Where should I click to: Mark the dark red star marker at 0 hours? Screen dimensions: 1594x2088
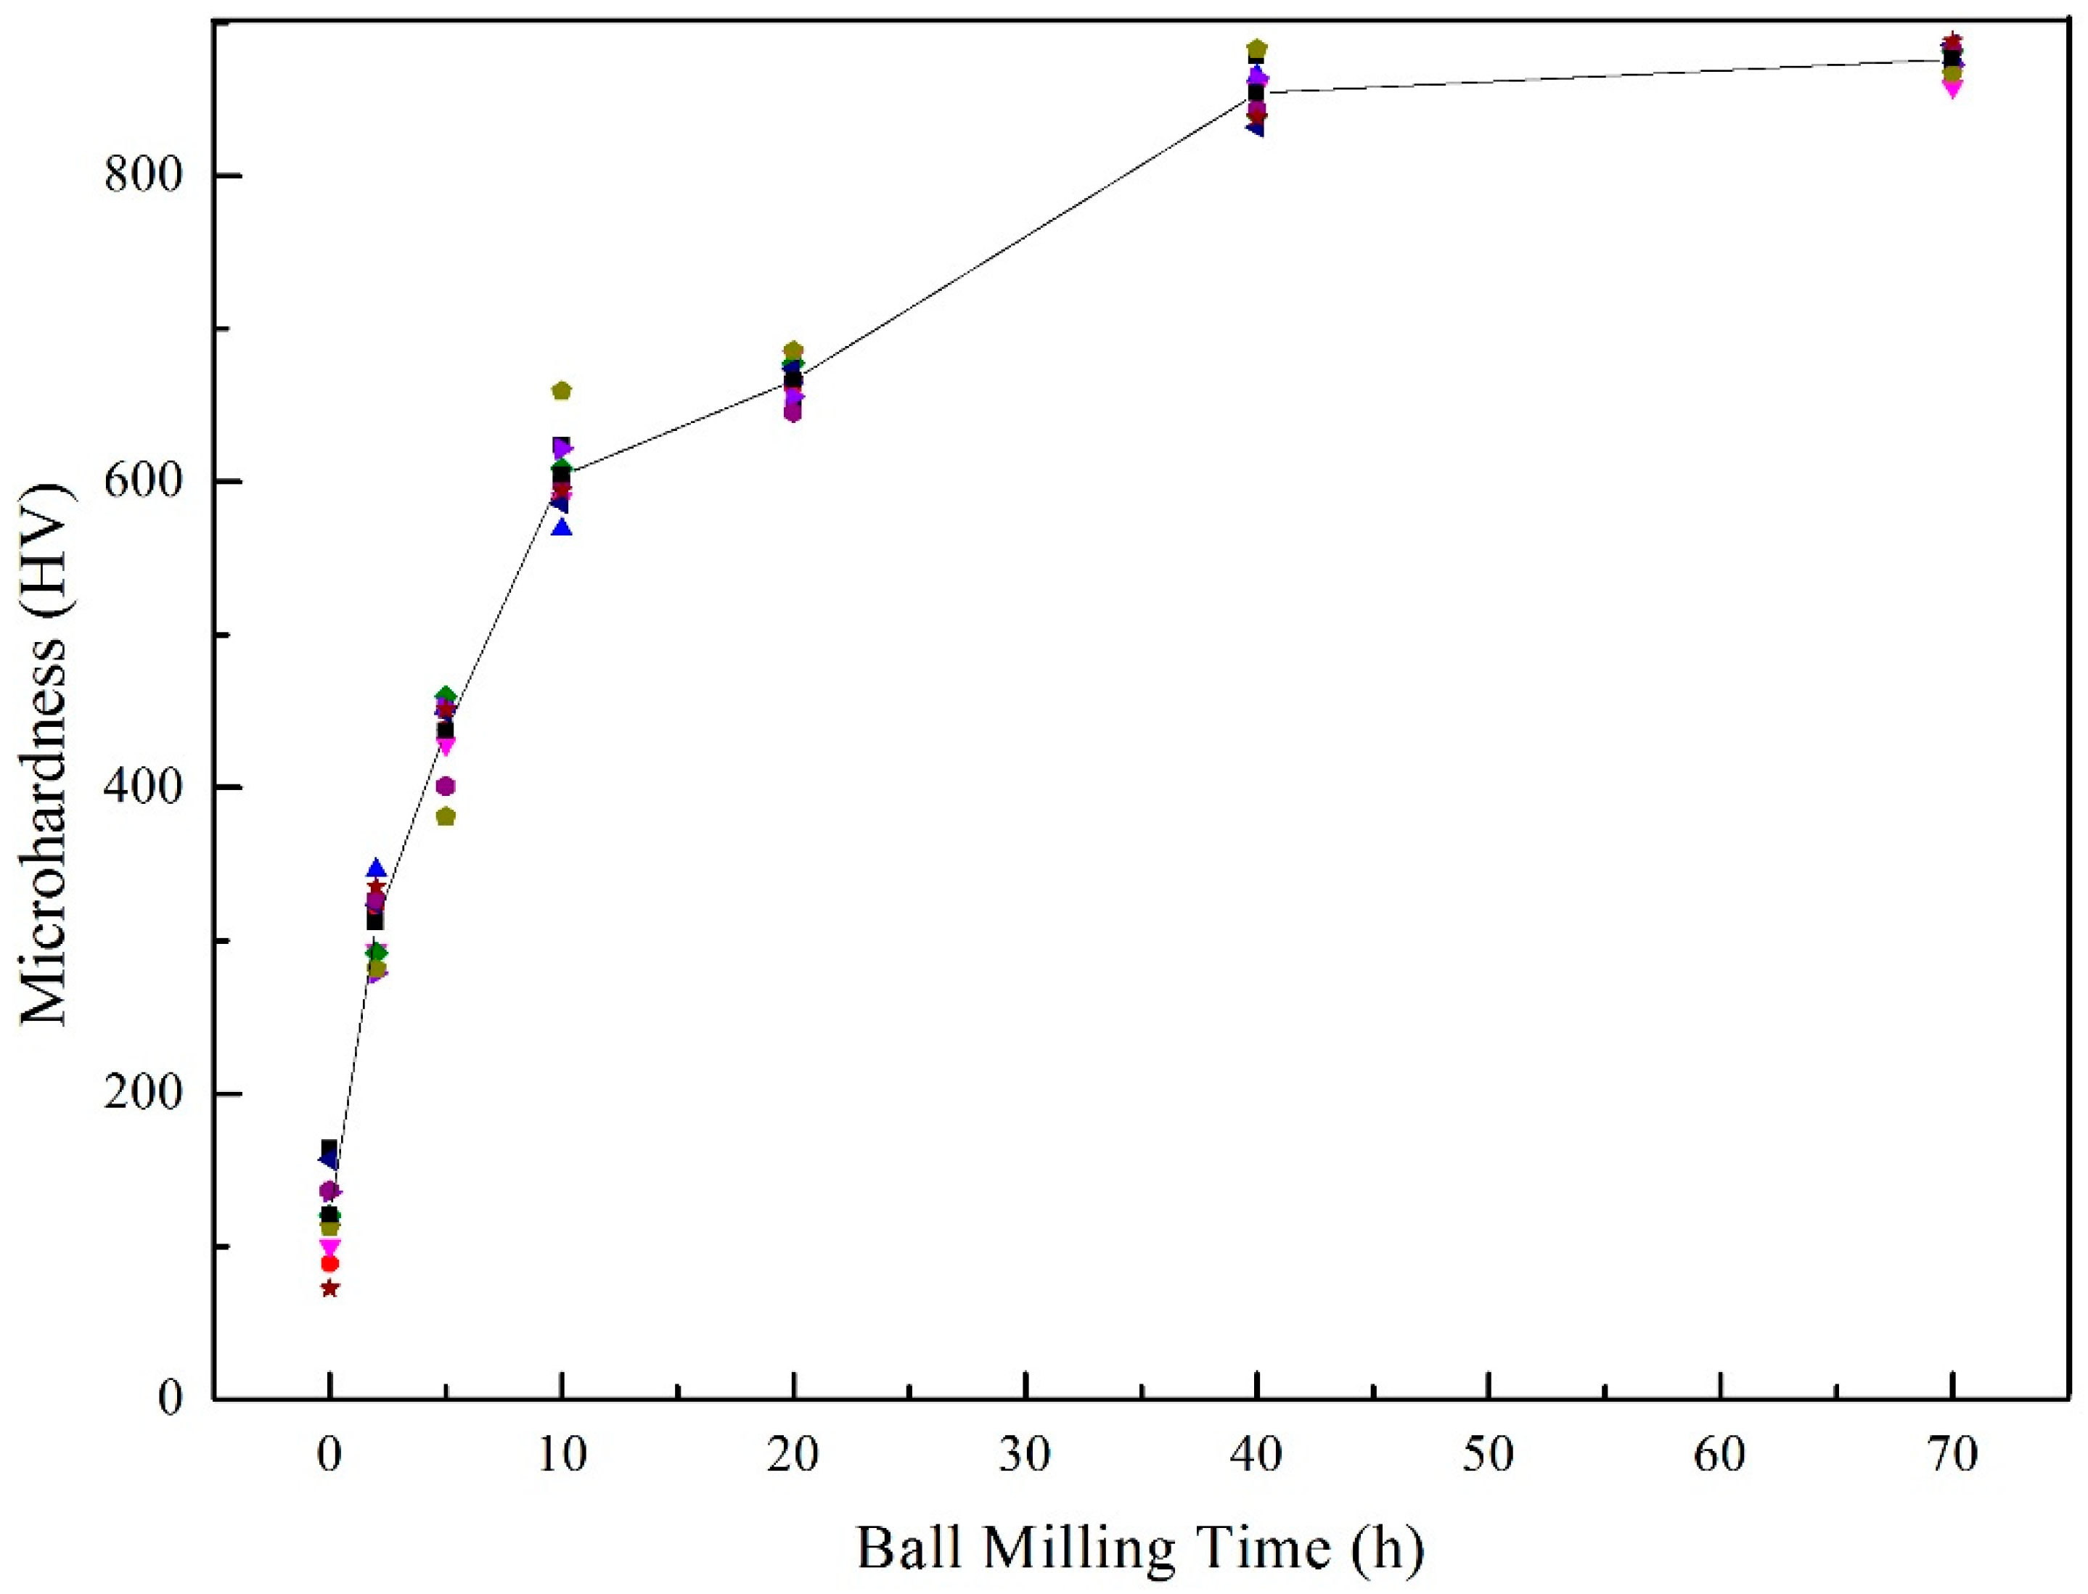(x=329, y=1289)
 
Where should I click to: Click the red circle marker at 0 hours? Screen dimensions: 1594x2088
(x=329, y=1264)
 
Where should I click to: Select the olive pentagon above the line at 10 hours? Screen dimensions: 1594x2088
(x=561, y=391)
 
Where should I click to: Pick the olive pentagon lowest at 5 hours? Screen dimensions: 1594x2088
(x=445, y=817)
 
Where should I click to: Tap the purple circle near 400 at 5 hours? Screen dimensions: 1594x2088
(x=445, y=786)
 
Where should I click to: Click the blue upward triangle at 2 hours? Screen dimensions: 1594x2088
(x=376, y=868)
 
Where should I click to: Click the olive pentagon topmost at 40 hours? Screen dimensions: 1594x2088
(x=1256, y=49)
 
